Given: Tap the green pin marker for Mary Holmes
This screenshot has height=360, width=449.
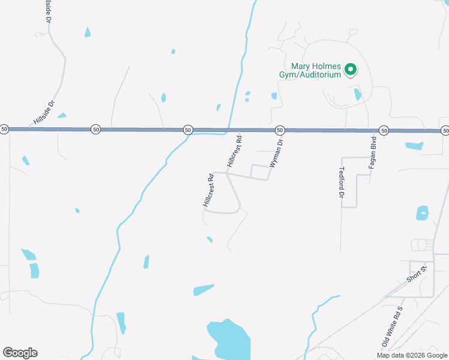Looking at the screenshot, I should click(x=351, y=70).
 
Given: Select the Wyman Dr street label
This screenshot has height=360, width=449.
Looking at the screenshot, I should click(x=276, y=154).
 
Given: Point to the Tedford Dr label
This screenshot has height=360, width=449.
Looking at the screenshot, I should click(x=342, y=183).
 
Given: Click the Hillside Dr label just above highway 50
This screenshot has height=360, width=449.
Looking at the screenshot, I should click(x=44, y=112).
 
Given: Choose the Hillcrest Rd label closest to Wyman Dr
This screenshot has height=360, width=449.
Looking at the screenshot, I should click(x=235, y=152).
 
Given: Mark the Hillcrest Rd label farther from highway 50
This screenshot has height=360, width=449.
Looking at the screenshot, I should click(x=208, y=191).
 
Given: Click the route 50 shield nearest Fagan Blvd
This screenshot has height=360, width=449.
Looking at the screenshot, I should click(x=384, y=130).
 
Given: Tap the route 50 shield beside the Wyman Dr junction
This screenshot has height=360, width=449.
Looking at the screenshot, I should click(x=280, y=130).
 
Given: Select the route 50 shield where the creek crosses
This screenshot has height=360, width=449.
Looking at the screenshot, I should click(x=188, y=130).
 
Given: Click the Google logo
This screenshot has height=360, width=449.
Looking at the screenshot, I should click(x=20, y=353).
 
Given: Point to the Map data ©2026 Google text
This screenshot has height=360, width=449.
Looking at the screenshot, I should click(x=411, y=355).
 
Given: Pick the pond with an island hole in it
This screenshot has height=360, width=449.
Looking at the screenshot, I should click(x=423, y=213).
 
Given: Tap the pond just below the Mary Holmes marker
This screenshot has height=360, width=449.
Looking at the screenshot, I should click(x=358, y=94).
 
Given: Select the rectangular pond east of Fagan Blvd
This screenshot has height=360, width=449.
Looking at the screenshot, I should click(x=414, y=146).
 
